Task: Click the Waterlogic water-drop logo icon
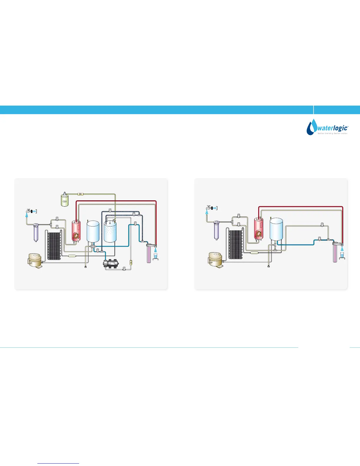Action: pos(311,127)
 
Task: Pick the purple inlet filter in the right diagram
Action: pos(217,229)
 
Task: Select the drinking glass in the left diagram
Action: pos(156,257)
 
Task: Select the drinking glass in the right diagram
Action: pos(342,255)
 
